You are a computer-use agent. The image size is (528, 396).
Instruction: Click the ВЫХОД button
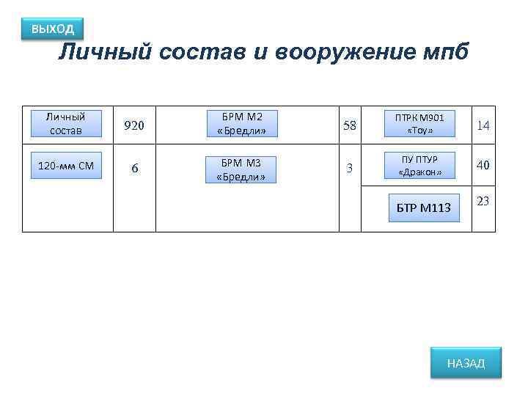point(52,29)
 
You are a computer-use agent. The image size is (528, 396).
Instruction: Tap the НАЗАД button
point(466,363)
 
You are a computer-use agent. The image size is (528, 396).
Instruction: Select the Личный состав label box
point(66,123)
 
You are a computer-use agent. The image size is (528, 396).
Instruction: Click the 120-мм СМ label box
point(66,166)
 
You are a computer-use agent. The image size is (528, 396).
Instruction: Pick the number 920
point(134,125)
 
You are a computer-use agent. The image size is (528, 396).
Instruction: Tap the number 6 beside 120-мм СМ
point(134,168)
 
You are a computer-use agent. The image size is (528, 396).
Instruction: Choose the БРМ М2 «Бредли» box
point(241,124)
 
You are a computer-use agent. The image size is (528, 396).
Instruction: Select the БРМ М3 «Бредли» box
point(241,169)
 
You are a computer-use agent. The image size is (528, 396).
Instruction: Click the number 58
point(350,125)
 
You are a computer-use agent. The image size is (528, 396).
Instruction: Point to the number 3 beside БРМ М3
point(350,168)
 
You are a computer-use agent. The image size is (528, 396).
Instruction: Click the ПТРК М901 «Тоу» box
point(419,123)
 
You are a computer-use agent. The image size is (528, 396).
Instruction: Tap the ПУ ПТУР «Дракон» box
point(419,166)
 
